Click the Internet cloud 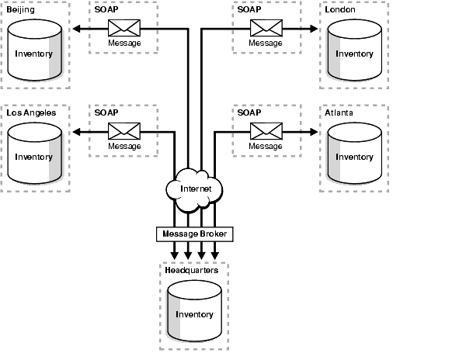194,189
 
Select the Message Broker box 194,233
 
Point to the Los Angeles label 30,112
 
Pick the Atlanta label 340,112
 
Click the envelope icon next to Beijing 124,29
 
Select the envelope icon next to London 265,29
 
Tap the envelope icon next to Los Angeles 124,132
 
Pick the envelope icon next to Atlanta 265,132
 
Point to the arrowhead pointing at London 315,29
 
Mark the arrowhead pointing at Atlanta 315,133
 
